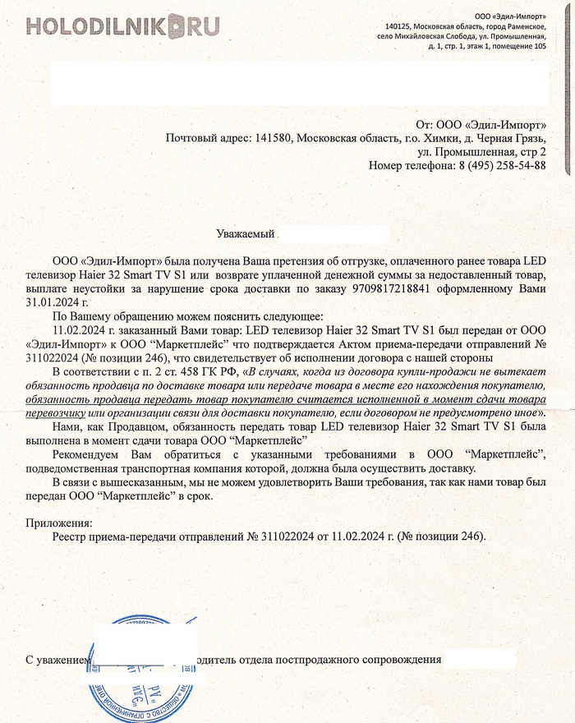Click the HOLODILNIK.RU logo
click(122, 27)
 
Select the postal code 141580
click(272, 138)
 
